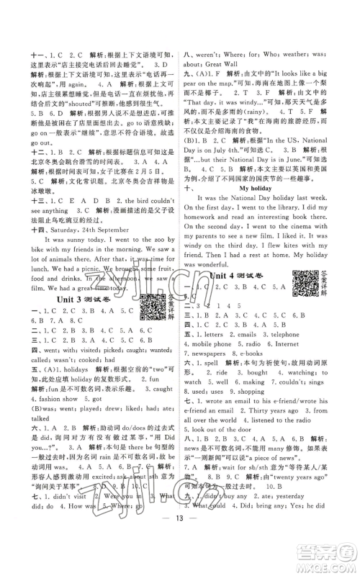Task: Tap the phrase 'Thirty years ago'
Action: [x=252, y=440]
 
